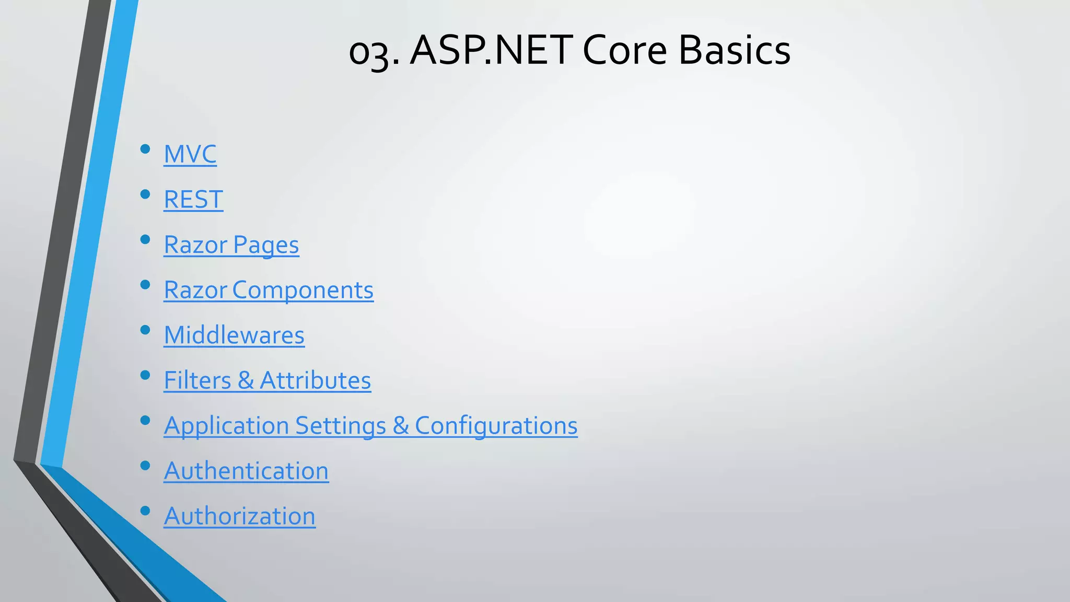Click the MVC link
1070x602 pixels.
coord(190,154)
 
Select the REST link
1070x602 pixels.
coord(193,200)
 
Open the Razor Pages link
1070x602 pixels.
coord(231,245)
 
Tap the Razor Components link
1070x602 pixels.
coord(269,290)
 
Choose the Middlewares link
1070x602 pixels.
coord(234,335)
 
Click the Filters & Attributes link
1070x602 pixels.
coord(267,380)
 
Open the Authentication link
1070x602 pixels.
coord(246,471)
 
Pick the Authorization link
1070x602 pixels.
coord(239,516)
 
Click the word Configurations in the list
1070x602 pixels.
coord(496,426)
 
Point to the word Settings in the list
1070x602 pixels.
coord(340,426)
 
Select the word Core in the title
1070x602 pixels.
coord(624,51)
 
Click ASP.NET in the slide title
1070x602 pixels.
coord(491,51)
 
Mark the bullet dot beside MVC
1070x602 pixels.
coord(145,149)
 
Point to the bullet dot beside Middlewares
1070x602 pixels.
coord(145,330)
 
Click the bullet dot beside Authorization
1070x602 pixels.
coord(145,511)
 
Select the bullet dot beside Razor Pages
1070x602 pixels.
coord(145,240)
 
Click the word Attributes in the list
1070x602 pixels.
coord(315,380)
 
